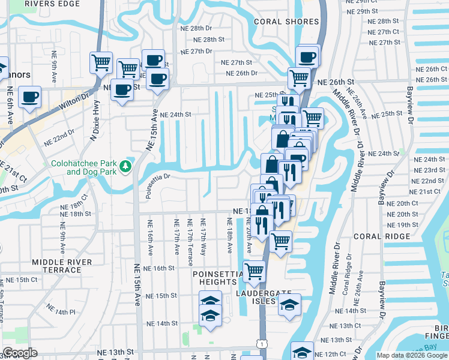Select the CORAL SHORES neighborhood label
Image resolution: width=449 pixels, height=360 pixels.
tap(286, 22)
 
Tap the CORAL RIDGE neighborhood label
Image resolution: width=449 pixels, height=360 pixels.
tap(376, 236)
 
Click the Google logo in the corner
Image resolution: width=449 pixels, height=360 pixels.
tap(20, 353)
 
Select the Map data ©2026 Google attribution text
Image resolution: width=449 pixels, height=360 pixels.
tap(412, 355)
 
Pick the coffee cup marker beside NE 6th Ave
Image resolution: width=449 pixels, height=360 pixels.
tap(29, 97)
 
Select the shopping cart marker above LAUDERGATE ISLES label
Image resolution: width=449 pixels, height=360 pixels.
tap(255, 271)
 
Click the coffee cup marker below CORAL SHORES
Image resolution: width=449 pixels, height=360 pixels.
tap(308, 57)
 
